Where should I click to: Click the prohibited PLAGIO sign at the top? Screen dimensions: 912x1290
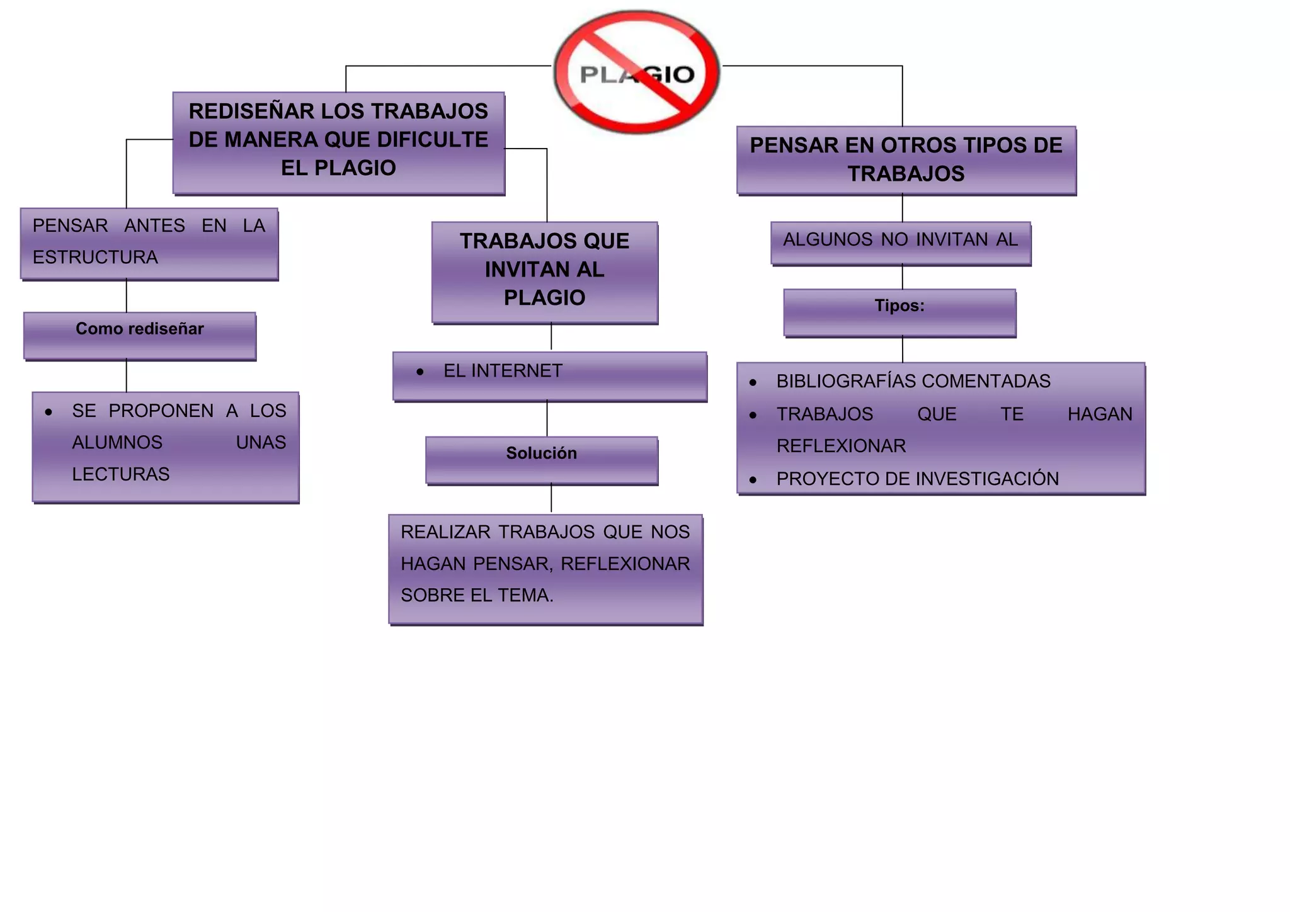click(x=636, y=72)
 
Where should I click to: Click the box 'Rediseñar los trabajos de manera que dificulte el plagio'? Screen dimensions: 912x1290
click(x=338, y=142)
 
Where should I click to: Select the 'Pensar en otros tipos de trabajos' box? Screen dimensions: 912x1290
click(x=906, y=160)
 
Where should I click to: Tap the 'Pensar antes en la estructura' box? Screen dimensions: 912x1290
click(x=149, y=243)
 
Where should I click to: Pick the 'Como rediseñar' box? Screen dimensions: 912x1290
click(x=140, y=336)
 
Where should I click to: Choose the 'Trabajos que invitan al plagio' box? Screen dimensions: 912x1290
click(x=544, y=272)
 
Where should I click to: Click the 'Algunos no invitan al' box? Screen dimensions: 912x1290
click(x=900, y=242)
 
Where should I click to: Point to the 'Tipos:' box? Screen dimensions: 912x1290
click(x=899, y=312)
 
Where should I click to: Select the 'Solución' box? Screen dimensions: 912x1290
click(x=542, y=460)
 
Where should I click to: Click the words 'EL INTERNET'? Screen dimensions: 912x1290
click(x=503, y=371)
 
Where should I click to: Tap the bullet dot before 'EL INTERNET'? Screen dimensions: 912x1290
click(x=420, y=372)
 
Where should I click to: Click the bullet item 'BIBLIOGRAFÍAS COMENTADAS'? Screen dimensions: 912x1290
click(x=913, y=381)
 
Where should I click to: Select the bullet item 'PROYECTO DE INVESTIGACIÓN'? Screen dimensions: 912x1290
click(x=917, y=479)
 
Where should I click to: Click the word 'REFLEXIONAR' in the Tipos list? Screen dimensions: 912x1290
click(x=841, y=446)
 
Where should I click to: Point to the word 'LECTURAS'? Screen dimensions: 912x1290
click(x=121, y=474)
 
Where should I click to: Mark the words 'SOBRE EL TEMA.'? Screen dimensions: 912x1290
click(x=477, y=595)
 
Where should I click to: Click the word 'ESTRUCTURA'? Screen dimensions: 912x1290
click(x=95, y=258)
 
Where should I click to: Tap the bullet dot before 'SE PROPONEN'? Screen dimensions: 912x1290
click(x=49, y=413)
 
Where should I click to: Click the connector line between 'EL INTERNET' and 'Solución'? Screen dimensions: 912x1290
click(x=547, y=419)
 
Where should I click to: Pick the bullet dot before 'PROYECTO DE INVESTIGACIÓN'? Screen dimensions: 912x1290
click(x=753, y=480)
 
